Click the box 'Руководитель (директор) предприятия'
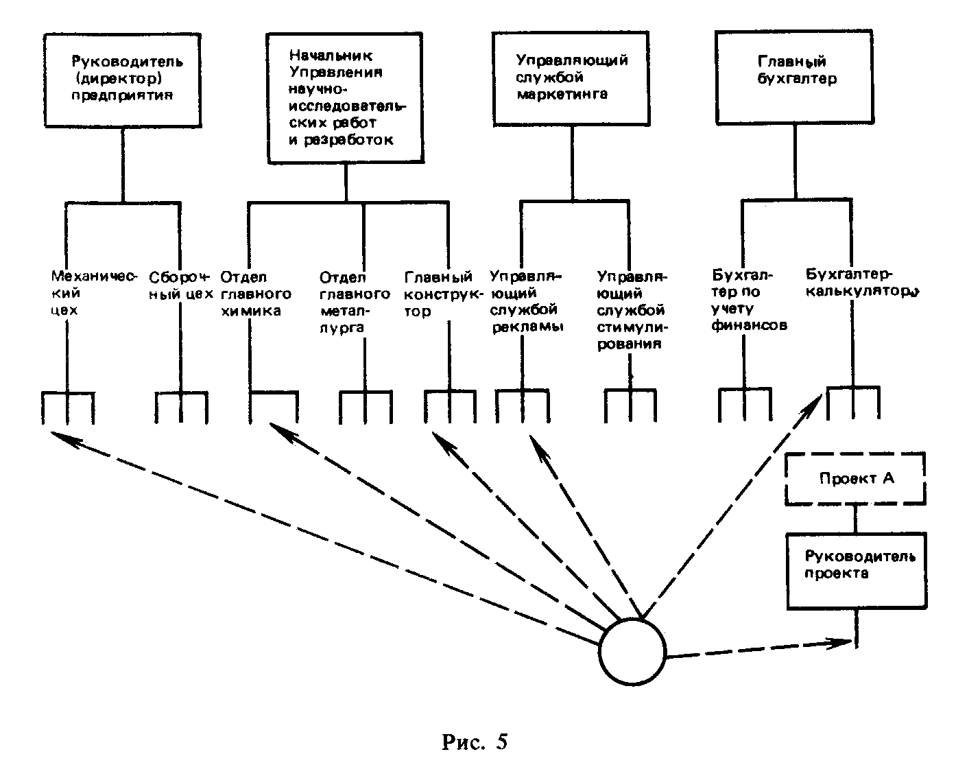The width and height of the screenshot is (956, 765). click(123, 80)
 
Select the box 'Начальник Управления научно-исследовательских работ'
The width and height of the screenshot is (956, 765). click(345, 97)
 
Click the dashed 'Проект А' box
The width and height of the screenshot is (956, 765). click(856, 478)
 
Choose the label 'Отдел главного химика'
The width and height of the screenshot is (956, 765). click(255, 294)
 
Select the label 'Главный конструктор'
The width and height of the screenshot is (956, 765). click(439, 294)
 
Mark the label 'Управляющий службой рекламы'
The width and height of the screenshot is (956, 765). click(527, 302)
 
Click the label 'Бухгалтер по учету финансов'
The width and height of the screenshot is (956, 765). click(750, 302)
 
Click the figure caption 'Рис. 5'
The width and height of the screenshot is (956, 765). click(475, 742)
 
